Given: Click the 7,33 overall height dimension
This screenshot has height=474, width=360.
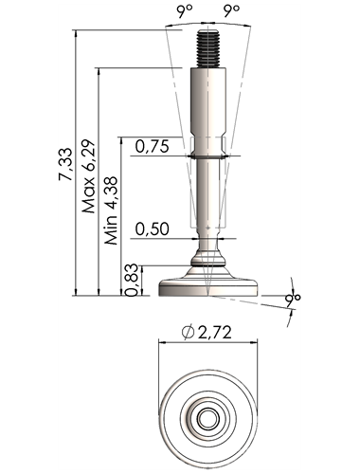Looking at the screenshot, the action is point(65,164).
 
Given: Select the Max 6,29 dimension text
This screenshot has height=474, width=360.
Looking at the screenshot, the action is point(88,175).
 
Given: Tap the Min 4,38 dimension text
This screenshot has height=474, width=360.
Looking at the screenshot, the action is point(112,210).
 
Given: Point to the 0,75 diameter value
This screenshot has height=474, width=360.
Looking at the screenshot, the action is point(153,146).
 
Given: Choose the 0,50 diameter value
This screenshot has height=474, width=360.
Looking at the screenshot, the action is point(153,228).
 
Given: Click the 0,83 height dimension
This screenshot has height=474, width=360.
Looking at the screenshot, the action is point(132,280).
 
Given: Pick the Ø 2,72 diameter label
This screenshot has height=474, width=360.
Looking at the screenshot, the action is point(207,333).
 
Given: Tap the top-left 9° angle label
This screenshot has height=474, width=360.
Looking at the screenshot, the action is point(184,11).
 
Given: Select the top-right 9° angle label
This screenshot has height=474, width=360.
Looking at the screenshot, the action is point(231,11).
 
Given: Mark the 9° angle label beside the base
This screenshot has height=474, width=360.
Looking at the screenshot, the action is point(292,299).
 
